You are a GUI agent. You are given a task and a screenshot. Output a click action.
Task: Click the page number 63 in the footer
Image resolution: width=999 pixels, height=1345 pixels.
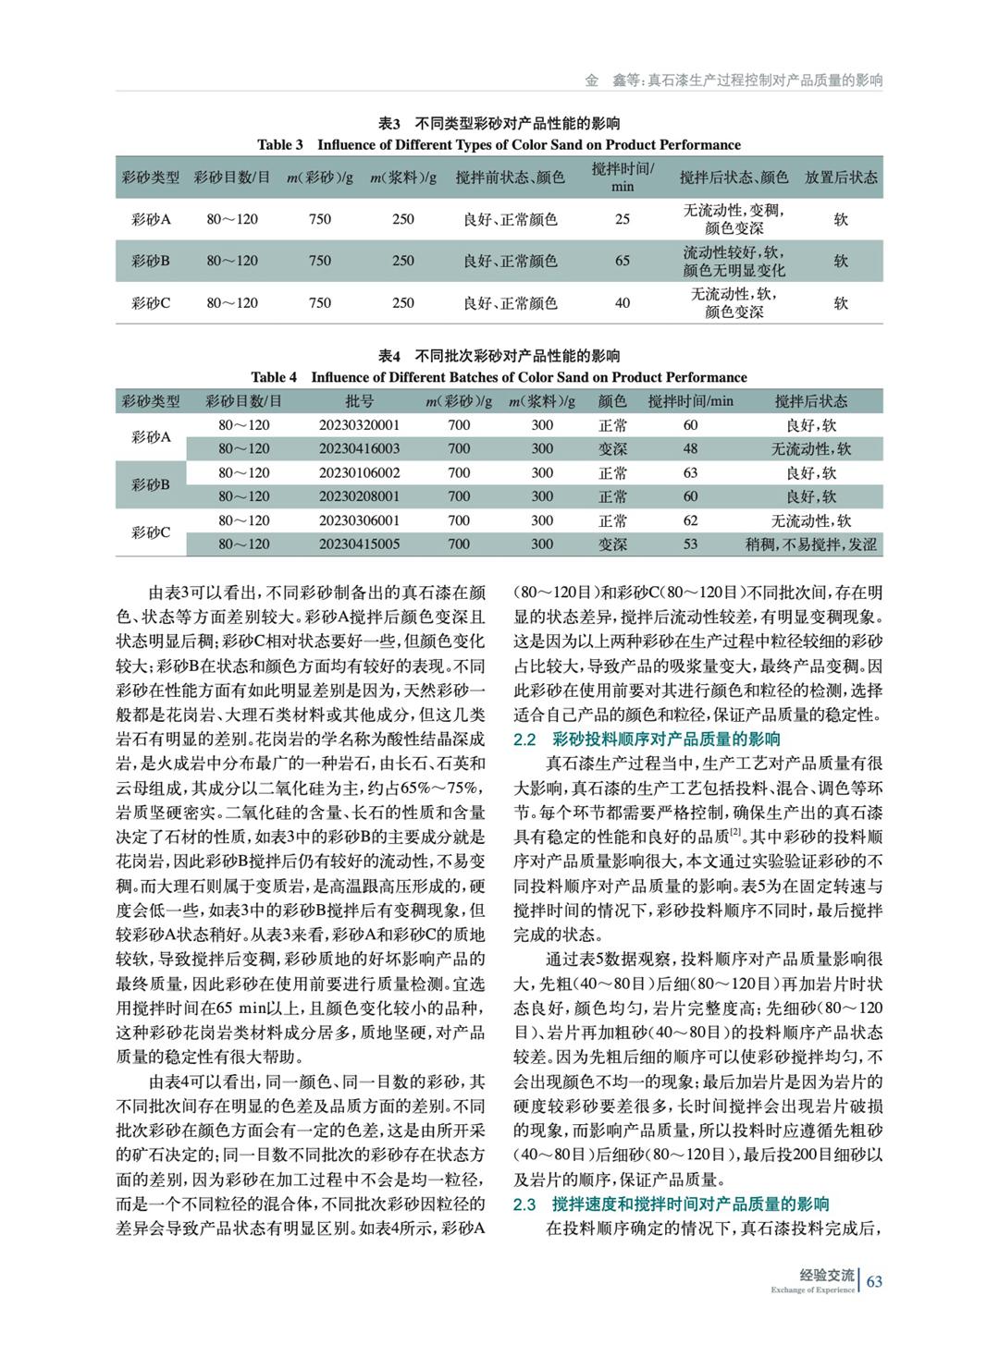pyautogui.click(x=874, y=1280)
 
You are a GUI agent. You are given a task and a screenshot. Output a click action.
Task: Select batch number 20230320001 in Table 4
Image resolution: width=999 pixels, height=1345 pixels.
pyautogui.click(x=359, y=425)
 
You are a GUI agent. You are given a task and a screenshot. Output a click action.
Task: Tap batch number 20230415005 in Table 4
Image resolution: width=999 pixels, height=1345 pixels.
pyautogui.click(x=359, y=544)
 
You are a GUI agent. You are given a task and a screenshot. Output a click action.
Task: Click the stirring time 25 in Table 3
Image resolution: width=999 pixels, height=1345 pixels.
pyautogui.click(x=623, y=219)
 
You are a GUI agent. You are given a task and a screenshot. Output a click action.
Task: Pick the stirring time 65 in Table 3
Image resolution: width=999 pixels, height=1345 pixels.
pyautogui.click(x=623, y=261)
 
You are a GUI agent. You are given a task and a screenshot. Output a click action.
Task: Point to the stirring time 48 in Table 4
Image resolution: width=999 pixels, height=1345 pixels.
pyautogui.click(x=690, y=448)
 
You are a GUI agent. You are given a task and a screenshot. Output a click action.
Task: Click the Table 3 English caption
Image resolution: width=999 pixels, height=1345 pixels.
pyautogui.click(x=499, y=144)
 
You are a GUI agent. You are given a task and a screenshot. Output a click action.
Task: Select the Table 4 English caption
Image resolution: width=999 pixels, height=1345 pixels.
pyautogui.click(x=499, y=377)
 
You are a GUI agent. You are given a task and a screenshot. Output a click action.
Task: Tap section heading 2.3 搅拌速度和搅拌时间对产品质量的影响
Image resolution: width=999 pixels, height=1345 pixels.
pyautogui.click(x=671, y=1204)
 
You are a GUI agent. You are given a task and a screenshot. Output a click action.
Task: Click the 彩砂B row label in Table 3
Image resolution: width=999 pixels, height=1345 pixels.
pyautogui.click(x=151, y=261)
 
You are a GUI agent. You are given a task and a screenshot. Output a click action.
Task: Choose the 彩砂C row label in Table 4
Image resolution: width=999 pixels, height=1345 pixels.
pyautogui.click(x=151, y=532)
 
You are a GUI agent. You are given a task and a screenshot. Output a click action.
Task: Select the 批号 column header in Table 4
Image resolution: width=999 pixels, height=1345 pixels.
pyautogui.click(x=359, y=401)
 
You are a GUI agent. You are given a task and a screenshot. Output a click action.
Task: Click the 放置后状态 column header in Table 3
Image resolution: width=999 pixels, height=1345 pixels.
pyautogui.click(x=840, y=177)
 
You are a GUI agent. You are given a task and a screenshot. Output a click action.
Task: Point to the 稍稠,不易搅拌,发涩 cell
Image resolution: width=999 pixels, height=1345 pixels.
pyautogui.click(x=810, y=544)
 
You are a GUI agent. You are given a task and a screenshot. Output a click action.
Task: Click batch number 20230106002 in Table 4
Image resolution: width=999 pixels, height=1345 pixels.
pyautogui.click(x=359, y=472)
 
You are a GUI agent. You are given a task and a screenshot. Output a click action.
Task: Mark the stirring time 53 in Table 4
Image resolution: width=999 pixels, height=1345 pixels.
pyautogui.click(x=690, y=544)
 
